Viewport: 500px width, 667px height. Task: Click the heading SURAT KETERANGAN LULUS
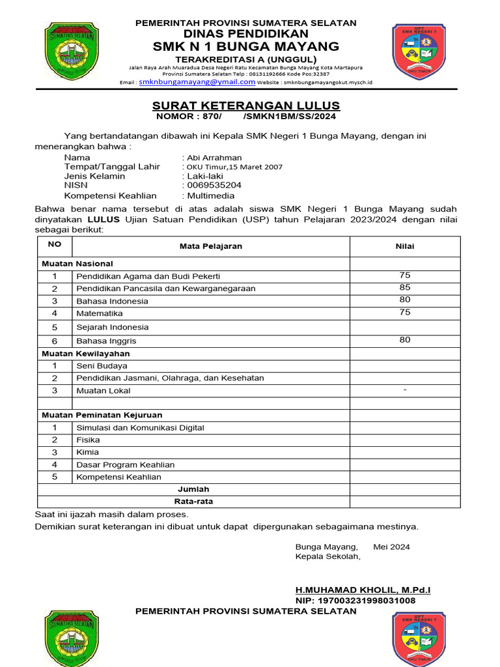tap(246, 106)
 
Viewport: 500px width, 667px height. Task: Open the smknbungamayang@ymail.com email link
tap(196, 82)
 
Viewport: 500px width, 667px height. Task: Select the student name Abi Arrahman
tap(214, 158)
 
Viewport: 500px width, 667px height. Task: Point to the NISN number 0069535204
tap(214, 185)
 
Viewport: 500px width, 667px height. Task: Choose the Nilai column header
tap(405, 246)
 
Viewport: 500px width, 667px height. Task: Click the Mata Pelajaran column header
tap(211, 246)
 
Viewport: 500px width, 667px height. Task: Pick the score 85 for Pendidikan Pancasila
tap(405, 287)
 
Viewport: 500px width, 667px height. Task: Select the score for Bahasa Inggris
tap(405, 339)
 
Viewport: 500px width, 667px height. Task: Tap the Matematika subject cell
tap(100, 313)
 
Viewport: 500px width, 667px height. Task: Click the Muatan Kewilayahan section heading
tap(86, 354)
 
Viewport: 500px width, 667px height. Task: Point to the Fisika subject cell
tap(89, 440)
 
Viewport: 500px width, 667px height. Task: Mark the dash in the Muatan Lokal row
tap(405, 390)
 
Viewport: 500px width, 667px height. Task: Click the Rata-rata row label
tap(193, 502)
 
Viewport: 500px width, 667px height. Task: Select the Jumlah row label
tap(193, 489)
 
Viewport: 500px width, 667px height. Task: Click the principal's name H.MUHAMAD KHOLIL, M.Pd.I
tap(363, 590)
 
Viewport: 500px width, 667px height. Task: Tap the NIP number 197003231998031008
tap(355, 601)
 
